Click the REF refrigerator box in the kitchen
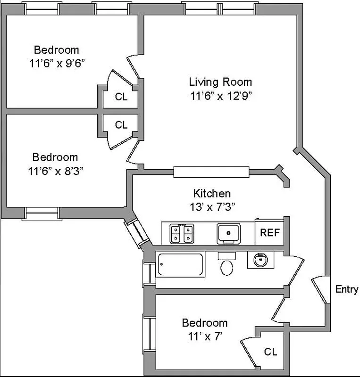click(270, 233)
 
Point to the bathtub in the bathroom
click(181, 264)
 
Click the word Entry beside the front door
click(347, 289)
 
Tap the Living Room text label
click(220, 82)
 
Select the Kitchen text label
click(212, 193)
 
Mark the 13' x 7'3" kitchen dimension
click(212, 206)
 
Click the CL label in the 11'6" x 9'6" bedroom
click(121, 97)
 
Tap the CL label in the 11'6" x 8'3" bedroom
click(121, 125)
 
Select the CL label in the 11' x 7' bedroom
click(270, 352)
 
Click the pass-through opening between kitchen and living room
click(210, 172)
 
